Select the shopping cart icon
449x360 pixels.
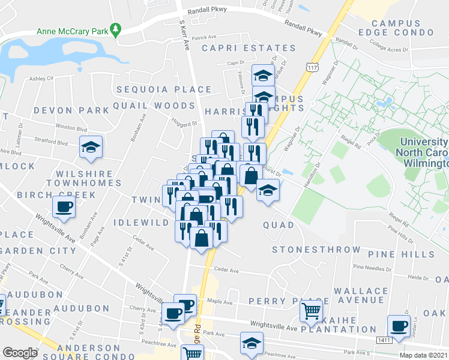click(x=311, y=311)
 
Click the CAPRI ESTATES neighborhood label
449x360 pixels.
click(x=249, y=48)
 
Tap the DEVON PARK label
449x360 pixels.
click(x=71, y=110)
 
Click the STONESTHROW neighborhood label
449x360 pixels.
click(x=316, y=250)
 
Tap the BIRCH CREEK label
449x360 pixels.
click(x=56, y=195)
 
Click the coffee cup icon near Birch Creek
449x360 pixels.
click(x=64, y=207)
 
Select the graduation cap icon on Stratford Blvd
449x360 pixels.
click(x=91, y=148)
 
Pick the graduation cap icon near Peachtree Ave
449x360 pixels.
click(x=251, y=343)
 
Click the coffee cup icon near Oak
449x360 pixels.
click(x=398, y=326)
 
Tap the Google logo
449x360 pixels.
click(x=20, y=353)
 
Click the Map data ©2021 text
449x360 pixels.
click(x=423, y=355)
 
